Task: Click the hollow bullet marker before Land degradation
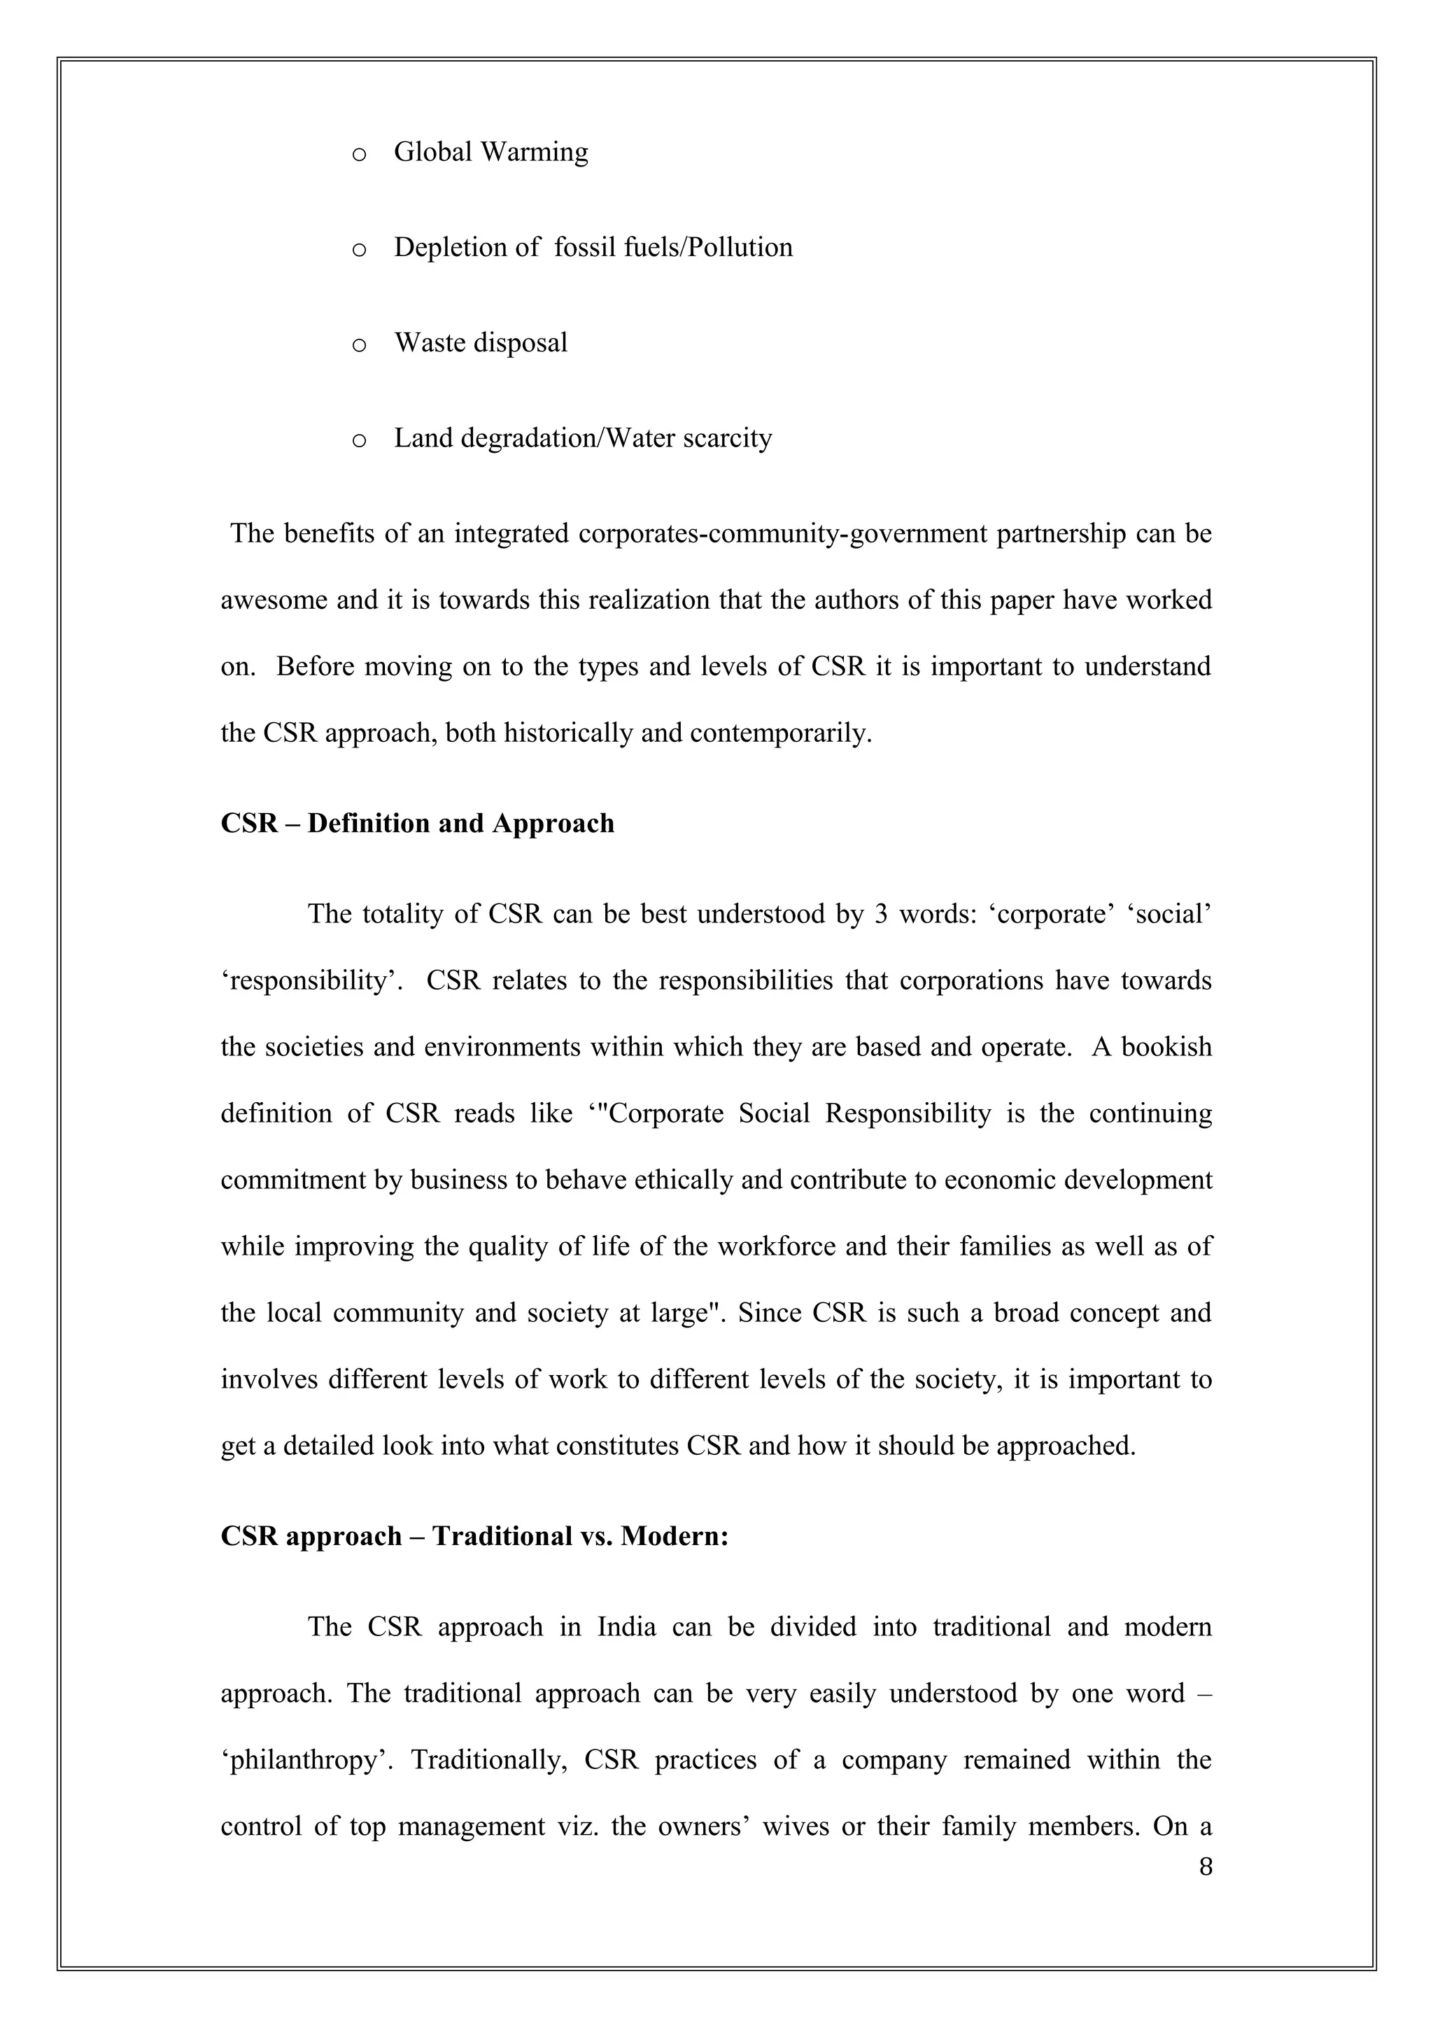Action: click(358, 440)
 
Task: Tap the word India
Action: click(626, 1627)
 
